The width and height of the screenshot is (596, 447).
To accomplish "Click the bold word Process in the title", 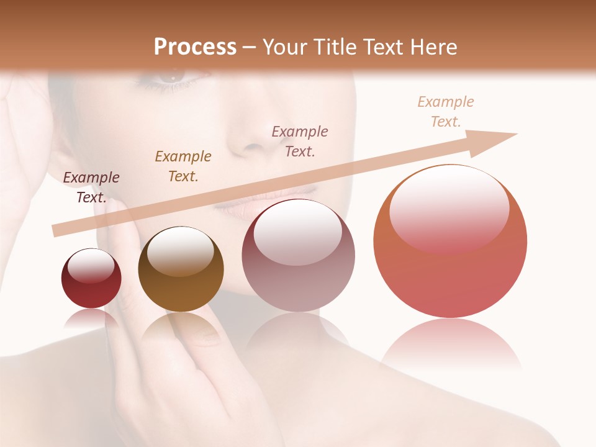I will pos(195,47).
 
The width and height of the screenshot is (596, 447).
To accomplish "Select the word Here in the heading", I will pos(433,47).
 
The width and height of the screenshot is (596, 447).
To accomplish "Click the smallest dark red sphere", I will pos(91,279).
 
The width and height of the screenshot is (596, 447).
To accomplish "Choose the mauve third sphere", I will pos(298,256).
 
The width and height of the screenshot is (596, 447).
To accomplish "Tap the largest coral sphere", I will pos(450,242).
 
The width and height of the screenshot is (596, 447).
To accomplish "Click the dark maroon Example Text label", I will pos(91,187).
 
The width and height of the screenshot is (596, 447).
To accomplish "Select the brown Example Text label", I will pos(183,166).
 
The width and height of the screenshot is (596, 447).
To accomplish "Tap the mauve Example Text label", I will pos(300,141).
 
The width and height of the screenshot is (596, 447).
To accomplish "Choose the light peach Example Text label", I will pos(446,112).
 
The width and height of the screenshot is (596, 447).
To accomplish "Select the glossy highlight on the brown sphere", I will pos(180,251).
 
